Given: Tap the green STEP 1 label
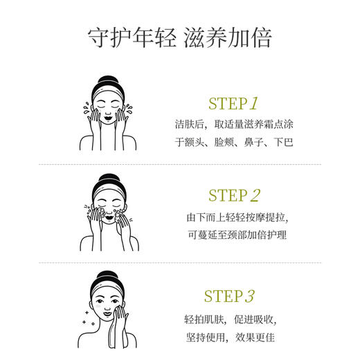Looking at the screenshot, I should tap(233, 105).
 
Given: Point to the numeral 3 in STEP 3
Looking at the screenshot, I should tap(251, 296).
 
